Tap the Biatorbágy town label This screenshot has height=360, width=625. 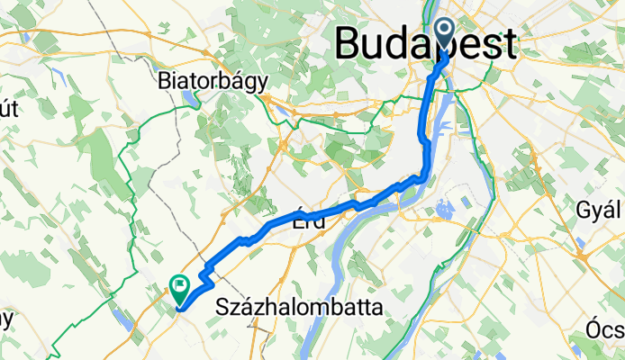(x=213, y=81)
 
